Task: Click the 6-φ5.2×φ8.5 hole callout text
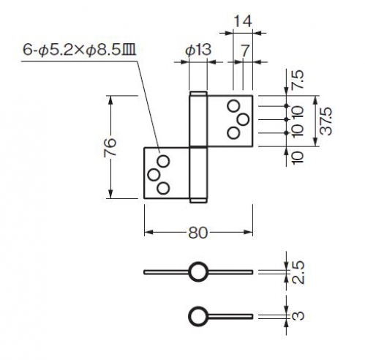pyautogui.click(x=80, y=50)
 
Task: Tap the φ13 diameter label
pyautogui.click(x=198, y=50)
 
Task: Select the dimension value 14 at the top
pyautogui.click(x=242, y=21)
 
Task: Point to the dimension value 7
pyautogui.click(x=244, y=51)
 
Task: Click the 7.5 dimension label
pyautogui.click(x=299, y=80)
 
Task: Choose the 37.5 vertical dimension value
pyautogui.click(x=326, y=121)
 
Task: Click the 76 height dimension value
pyautogui.click(x=110, y=147)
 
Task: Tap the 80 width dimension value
pyautogui.click(x=197, y=233)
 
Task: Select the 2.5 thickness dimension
pyautogui.click(x=298, y=272)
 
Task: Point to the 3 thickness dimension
pyautogui.click(x=298, y=315)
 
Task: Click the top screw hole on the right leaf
pyautogui.click(x=233, y=106)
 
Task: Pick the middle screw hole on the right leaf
pyautogui.click(x=243, y=119)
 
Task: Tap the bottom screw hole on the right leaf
pyautogui.click(x=233, y=133)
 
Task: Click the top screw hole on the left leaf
pyautogui.click(x=163, y=161)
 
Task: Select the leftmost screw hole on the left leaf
pyautogui.click(x=154, y=175)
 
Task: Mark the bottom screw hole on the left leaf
pyautogui.click(x=163, y=188)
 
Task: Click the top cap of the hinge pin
pyautogui.click(x=198, y=94)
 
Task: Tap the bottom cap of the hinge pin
pyautogui.click(x=198, y=200)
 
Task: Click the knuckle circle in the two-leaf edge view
pyautogui.click(x=198, y=263)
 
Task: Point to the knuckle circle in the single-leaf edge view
pyautogui.click(x=198, y=307)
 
